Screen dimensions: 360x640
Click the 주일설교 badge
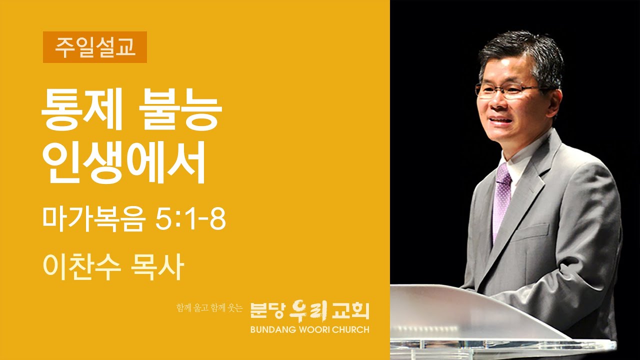pos(95,47)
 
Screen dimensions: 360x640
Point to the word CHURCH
pos(350,329)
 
